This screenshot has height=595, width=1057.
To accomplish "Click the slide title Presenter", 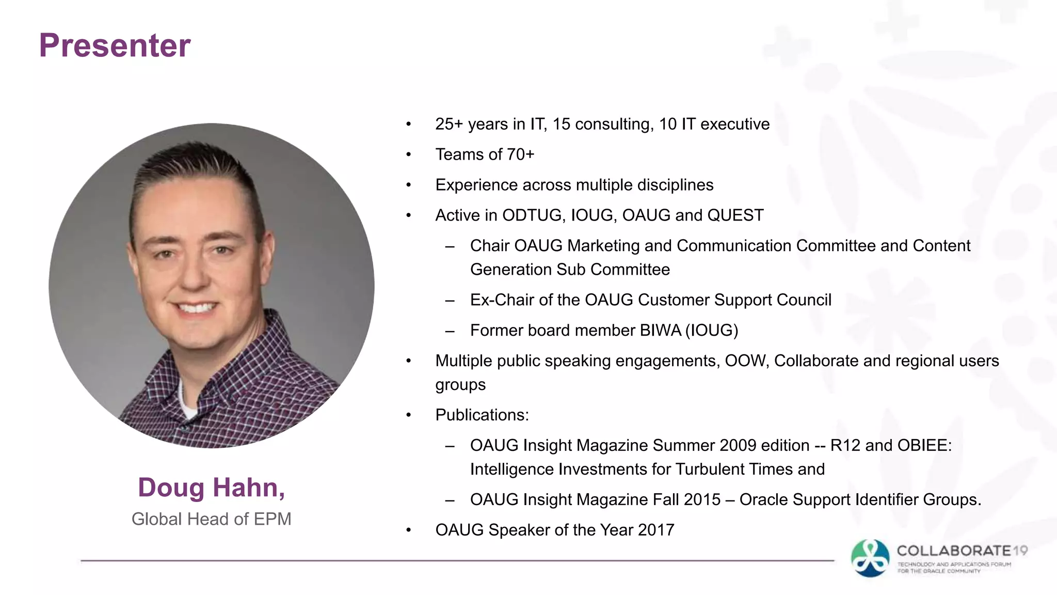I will point(115,45).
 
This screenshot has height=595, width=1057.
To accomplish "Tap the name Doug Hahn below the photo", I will point(211,487).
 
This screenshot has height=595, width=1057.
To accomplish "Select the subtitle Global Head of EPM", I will point(211,519).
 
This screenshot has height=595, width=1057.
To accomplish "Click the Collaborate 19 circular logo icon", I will point(870,558).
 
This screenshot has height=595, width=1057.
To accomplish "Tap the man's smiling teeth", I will point(195,308).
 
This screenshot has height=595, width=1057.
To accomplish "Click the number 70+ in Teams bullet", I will point(520,154).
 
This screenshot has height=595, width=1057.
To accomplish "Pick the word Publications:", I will point(482,415).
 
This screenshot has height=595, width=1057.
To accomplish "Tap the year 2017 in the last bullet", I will point(656,530).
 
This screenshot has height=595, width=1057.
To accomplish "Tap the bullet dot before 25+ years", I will point(408,124).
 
